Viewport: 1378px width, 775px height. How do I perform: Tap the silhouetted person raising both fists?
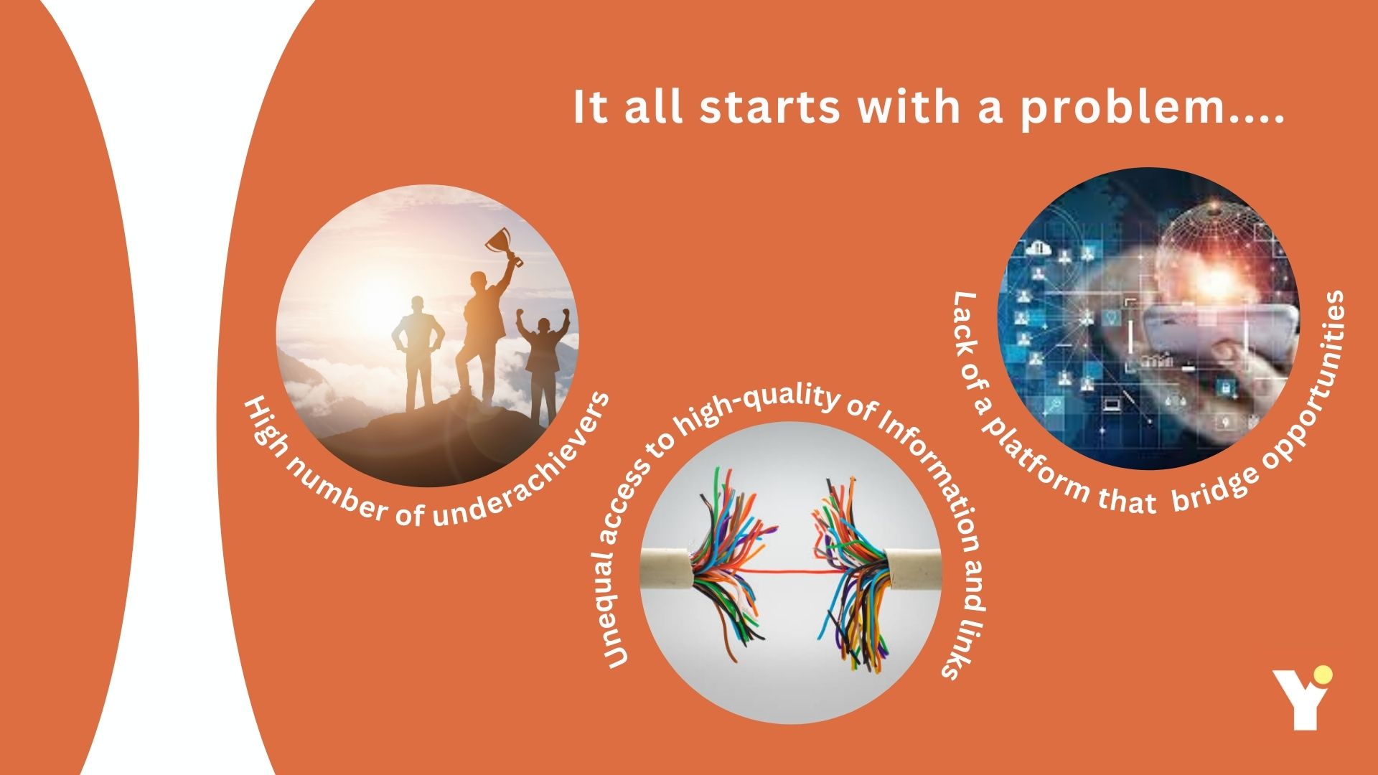click(545, 366)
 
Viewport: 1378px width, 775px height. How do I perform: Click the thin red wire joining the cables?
click(789, 571)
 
